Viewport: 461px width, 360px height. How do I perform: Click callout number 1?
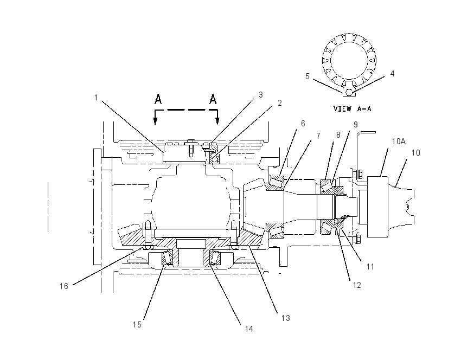click(96, 97)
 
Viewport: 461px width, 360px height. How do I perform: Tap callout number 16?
click(64, 286)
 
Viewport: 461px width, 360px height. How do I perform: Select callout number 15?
click(137, 324)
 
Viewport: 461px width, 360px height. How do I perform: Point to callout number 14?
click(249, 329)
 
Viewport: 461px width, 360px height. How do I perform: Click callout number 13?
click(285, 318)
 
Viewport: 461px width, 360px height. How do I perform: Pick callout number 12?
click(357, 285)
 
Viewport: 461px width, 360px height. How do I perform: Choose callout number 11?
click(370, 267)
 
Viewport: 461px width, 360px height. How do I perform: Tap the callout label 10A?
click(399, 142)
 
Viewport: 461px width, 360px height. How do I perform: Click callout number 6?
click(303, 124)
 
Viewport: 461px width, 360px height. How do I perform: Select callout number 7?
click(318, 136)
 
